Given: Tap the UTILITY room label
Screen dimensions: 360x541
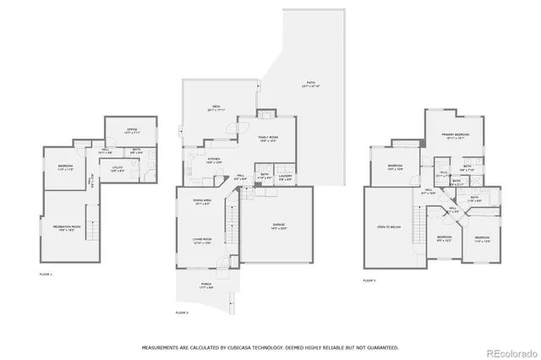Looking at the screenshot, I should coord(117,168).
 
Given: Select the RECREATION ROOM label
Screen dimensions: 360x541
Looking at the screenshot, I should coord(66,227).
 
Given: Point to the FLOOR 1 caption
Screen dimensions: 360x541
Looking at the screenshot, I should coord(46,275).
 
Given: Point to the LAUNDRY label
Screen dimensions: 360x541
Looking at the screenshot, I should coord(285,177).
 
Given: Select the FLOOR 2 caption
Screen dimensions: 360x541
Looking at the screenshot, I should coord(182,313).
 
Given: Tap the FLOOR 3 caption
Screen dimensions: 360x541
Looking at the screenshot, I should coord(369,280).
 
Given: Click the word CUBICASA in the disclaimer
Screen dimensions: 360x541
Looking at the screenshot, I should coord(243,346).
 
